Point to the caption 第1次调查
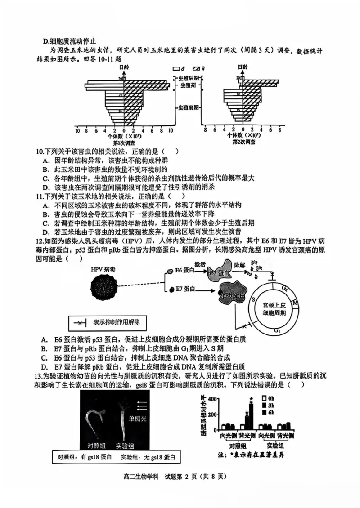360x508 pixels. click(x=122, y=142)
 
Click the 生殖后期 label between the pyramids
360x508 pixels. click(x=189, y=78)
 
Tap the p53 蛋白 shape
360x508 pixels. click(x=220, y=272)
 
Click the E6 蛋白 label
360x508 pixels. click(x=184, y=270)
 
